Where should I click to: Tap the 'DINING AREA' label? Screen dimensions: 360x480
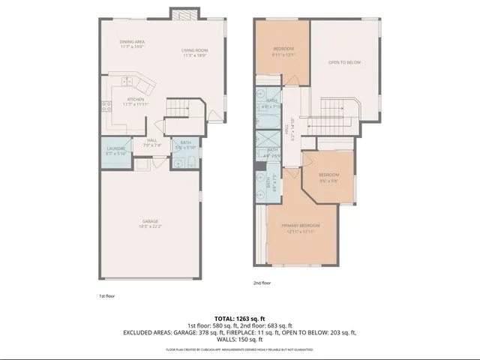131,41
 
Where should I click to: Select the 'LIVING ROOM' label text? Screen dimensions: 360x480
193,50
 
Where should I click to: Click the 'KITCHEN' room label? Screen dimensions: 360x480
135,99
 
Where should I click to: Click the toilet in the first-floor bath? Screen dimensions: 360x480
190,164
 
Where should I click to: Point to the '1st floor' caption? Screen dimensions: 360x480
107,295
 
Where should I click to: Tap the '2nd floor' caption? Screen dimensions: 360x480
262,283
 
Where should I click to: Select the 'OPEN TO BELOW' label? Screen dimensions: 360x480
344,62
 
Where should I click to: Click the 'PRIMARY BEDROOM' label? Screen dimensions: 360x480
300,226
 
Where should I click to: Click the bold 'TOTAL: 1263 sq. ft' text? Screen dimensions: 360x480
239,319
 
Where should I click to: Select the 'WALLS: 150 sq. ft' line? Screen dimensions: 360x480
239,339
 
